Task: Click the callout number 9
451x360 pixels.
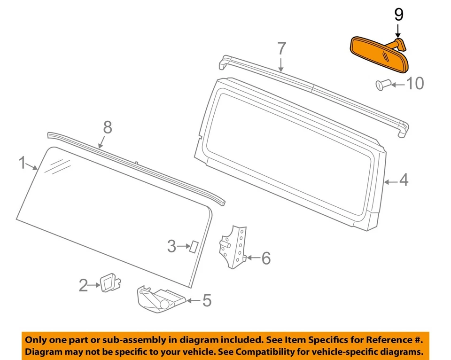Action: coord(398,15)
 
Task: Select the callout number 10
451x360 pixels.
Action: coord(414,84)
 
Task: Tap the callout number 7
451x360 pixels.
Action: coord(281,49)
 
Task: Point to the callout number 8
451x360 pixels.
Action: coord(108,127)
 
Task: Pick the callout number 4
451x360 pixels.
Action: coord(404,180)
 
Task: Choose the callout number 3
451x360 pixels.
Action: coord(172,246)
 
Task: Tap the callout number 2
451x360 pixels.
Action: coord(83,285)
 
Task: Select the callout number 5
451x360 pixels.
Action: coord(207,300)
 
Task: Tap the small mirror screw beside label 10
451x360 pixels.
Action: coord(381,85)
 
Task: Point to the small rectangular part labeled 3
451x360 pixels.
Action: coord(193,246)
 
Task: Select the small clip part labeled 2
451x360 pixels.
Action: coord(109,283)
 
